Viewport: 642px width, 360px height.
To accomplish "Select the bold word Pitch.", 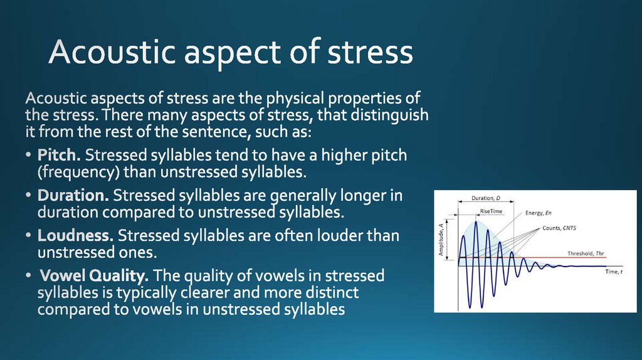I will pos(60,155).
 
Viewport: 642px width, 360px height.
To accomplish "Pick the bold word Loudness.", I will pos(76,236).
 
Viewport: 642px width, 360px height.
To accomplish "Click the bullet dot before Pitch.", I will pos(29,156).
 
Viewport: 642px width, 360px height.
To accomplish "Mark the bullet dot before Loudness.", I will pos(29,237).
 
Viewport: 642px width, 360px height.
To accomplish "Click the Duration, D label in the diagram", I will pos(486,199).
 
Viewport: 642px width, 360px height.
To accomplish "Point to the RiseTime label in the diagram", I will pos(492,211).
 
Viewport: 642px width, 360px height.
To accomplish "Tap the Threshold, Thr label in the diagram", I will pos(587,253).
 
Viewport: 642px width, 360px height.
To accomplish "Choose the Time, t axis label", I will pos(614,272).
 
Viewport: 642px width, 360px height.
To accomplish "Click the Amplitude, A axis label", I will pos(442,240).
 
